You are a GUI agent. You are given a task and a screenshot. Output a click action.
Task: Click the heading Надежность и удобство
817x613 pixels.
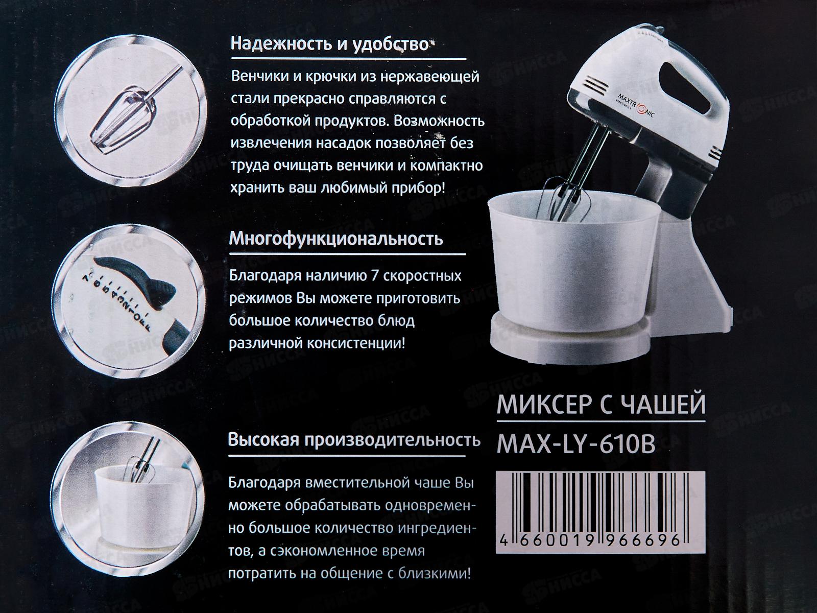pyautogui.click(x=329, y=44)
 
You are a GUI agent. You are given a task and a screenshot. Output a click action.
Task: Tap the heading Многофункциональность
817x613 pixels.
pyautogui.click(x=336, y=239)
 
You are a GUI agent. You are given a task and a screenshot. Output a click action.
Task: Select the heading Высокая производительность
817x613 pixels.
pyautogui.click(x=354, y=440)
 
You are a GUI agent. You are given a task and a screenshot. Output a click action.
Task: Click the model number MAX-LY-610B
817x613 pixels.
pyautogui.click(x=575, y=444)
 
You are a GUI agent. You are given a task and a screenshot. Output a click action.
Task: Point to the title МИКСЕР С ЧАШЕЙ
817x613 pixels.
pyautogui.click(x=601, y=405)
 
